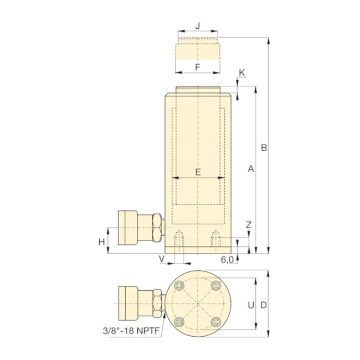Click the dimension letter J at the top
pos(198,27)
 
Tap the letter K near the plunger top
pos(241,73)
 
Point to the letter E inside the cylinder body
pos(198,172)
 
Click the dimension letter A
pos(250,169)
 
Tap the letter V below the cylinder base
pos(162,259)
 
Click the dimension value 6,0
pos(227,259)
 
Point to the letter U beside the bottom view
pos(250,305)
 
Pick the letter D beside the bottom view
pos(264,305)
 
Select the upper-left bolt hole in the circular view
pos(179,285)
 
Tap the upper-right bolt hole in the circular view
pos(215,285)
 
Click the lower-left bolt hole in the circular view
pos(179,322)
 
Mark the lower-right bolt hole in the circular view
pos(215,322)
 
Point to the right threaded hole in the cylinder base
pos(216,240)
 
